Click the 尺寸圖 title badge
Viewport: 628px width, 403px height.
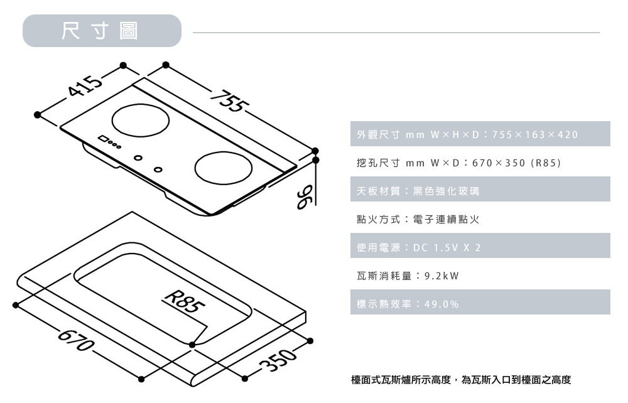(101, 31)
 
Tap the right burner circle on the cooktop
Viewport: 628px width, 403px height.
(222, 168)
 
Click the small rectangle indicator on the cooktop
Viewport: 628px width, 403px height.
(102, 139)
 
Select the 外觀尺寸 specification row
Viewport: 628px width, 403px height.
(477, 135)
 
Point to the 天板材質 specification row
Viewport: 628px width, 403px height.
(477, 190)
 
